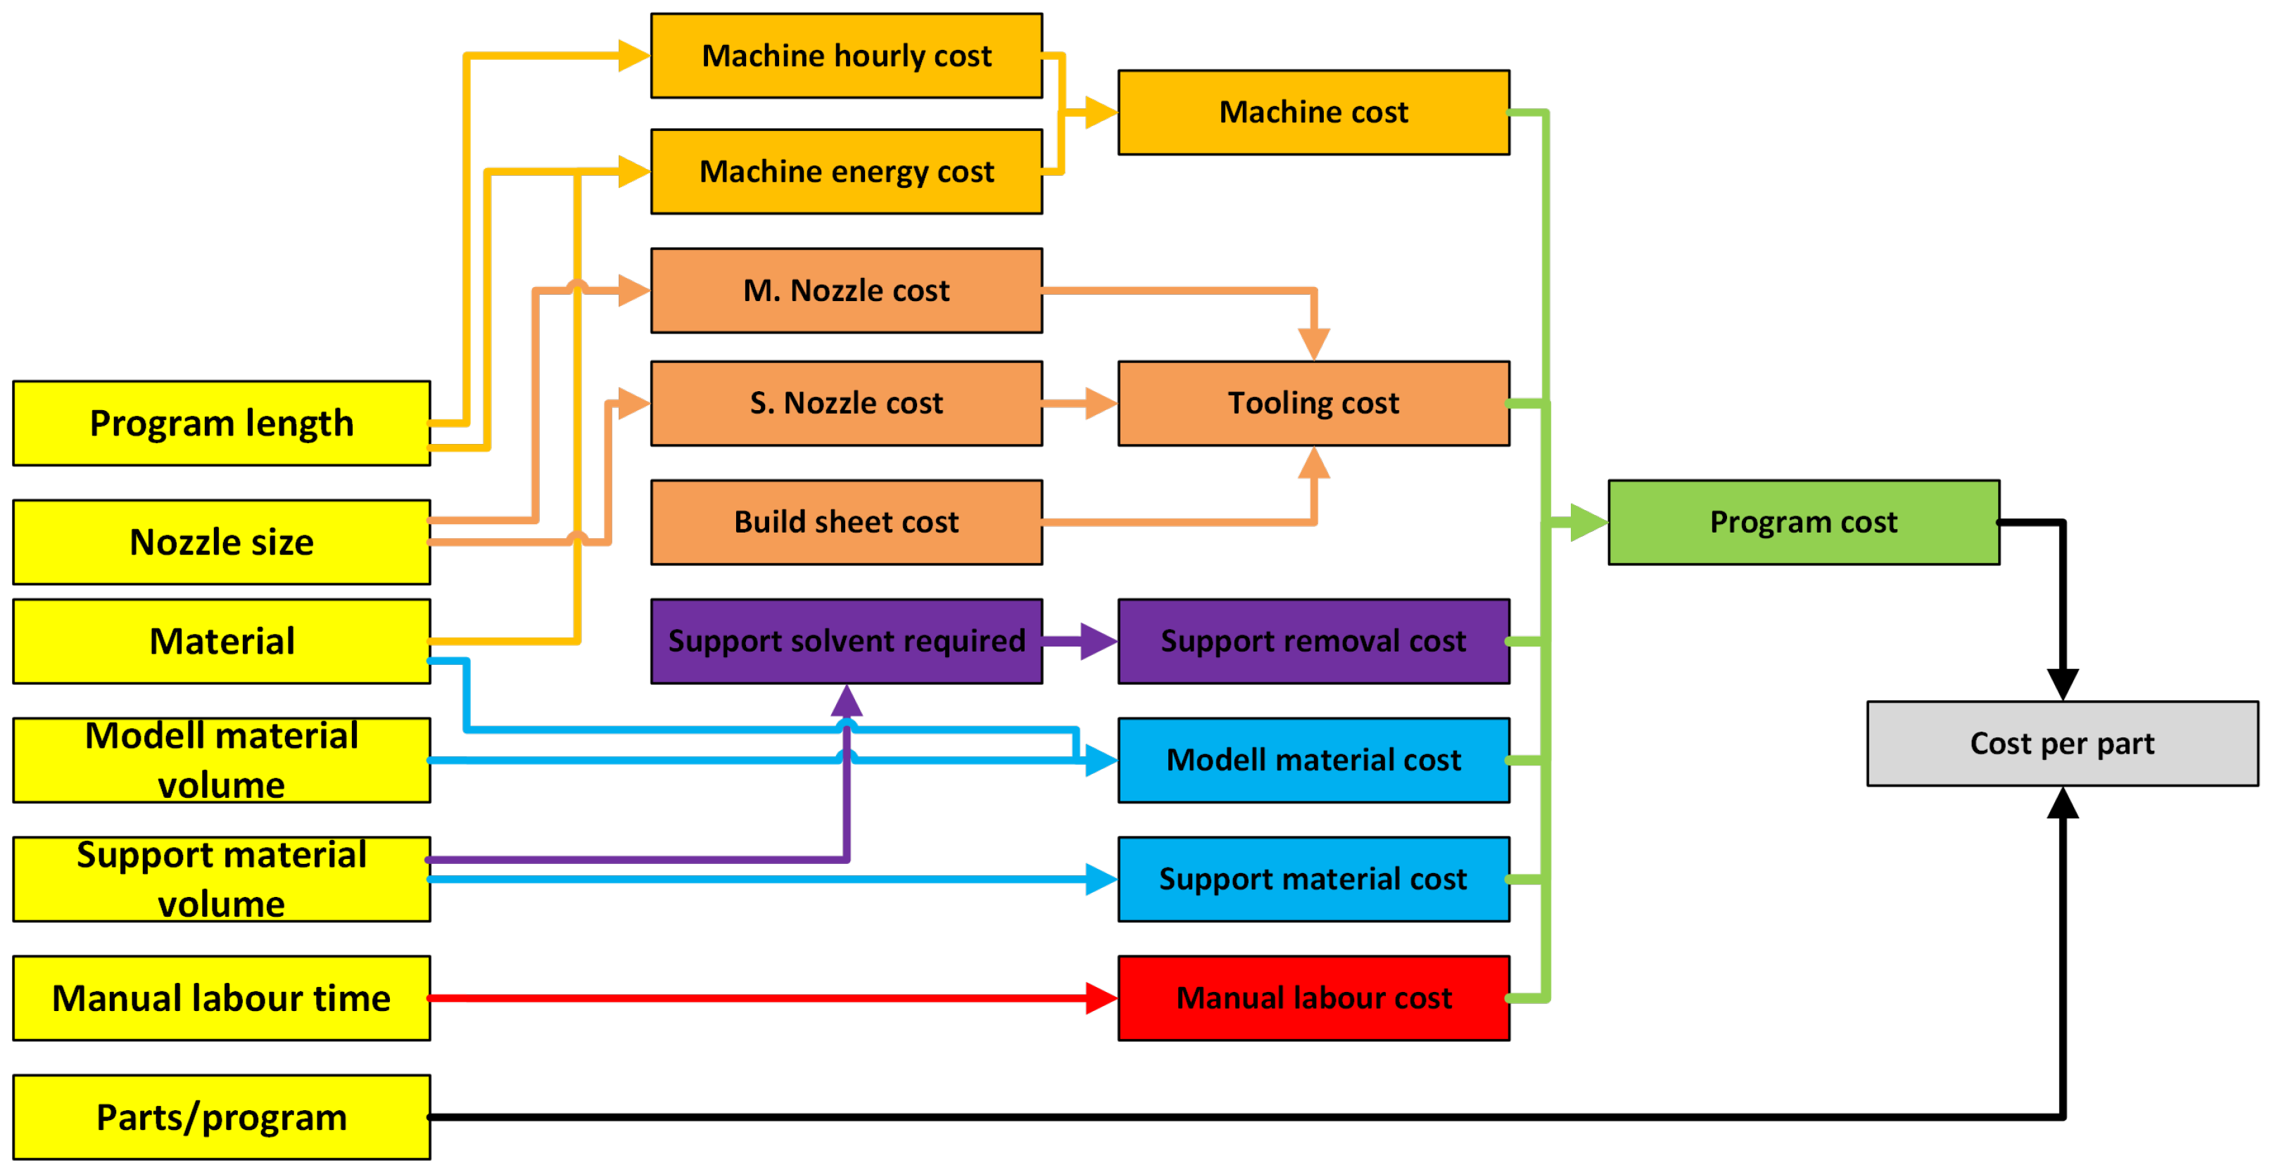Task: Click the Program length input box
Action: coord(221,423)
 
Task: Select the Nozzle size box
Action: coord(221,542)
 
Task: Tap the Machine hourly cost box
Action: coord(847,56)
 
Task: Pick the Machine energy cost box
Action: coord(847,171)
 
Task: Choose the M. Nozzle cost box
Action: coord(847,290)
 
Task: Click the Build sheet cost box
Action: coord(847,521)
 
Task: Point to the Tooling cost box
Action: coord(1313,402)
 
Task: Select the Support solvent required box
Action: coord(847,640)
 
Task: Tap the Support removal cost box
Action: coord(1313,640)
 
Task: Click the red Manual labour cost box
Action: coord(1313,998)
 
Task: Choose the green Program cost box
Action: coord(1804,521)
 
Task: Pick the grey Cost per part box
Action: coord(2062,743)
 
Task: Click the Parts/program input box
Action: coord(221,1117)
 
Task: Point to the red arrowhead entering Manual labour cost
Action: coord(1102,998)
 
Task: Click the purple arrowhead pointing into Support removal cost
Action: coord(1099,640)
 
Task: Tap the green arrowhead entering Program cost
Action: coord(1590,521)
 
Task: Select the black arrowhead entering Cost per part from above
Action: coord(2062,685)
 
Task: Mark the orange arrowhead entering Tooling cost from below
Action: coord(1313,462)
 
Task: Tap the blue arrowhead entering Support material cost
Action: coord(1102,879)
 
